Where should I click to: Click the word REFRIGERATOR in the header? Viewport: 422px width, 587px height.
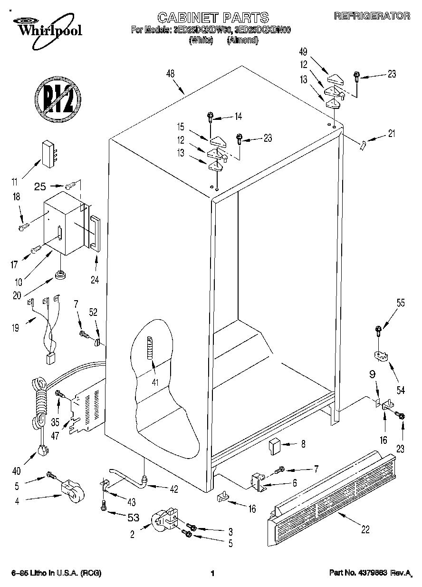click(372, 16)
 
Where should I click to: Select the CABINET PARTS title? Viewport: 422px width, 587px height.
click(212, 18)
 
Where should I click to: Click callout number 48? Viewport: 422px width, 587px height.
click(171, 74)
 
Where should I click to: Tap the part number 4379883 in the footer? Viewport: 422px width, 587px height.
click(372, 574)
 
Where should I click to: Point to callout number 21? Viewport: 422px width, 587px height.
click(391, 134)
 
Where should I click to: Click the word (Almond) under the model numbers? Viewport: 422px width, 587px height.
click(242, 40)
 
